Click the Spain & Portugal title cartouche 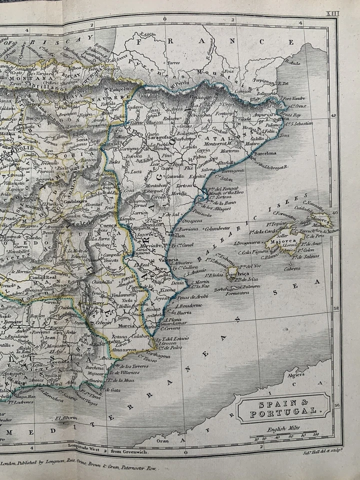[x=283, y=407]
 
